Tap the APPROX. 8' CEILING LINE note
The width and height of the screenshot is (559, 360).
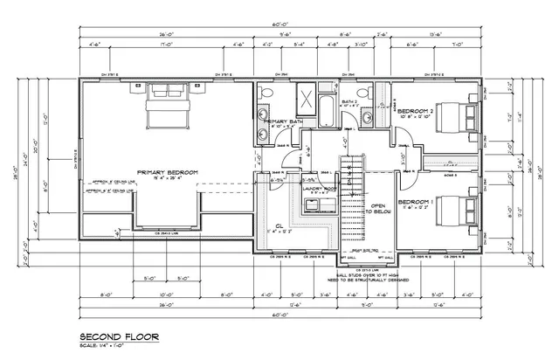coord(108,182)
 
